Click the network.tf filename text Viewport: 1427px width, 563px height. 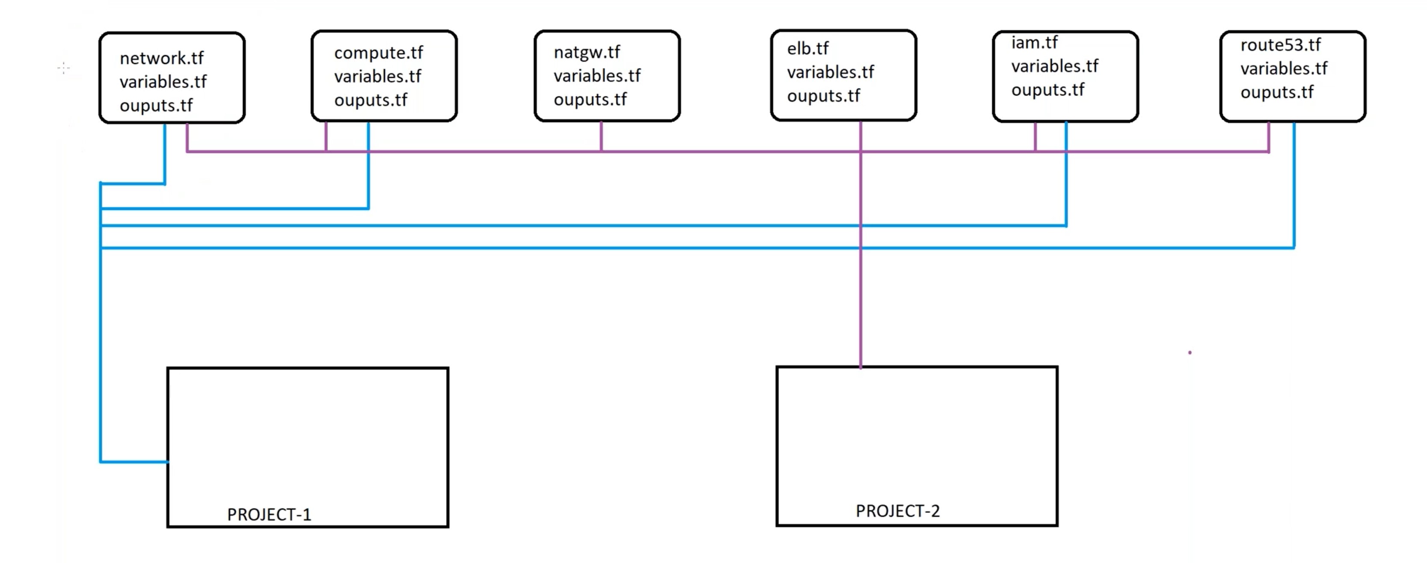[161, 58]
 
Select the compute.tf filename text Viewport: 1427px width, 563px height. [378, 53]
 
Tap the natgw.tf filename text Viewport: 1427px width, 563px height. [587, 53]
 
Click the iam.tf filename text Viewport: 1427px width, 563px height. [1034, 43]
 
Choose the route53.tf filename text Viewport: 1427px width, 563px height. [1280, 45]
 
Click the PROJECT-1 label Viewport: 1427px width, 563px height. [269, 514]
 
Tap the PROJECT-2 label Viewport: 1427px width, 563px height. [897, 511]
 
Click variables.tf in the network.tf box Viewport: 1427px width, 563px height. [163, 82]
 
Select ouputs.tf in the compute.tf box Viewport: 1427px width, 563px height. [370, 100]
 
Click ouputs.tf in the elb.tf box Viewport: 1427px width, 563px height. [823, 96]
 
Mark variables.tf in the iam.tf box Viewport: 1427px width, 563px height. [1054, 66]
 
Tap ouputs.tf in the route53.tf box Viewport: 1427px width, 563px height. [1276, 92]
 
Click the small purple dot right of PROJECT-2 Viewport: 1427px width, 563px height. [1190, 353]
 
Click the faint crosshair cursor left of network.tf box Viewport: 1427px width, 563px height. [64, 68]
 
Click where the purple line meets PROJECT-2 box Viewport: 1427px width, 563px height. [860, 366]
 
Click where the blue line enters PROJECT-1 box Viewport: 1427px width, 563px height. [168, 462]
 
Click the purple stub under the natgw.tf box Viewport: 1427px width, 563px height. [601, 136]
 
